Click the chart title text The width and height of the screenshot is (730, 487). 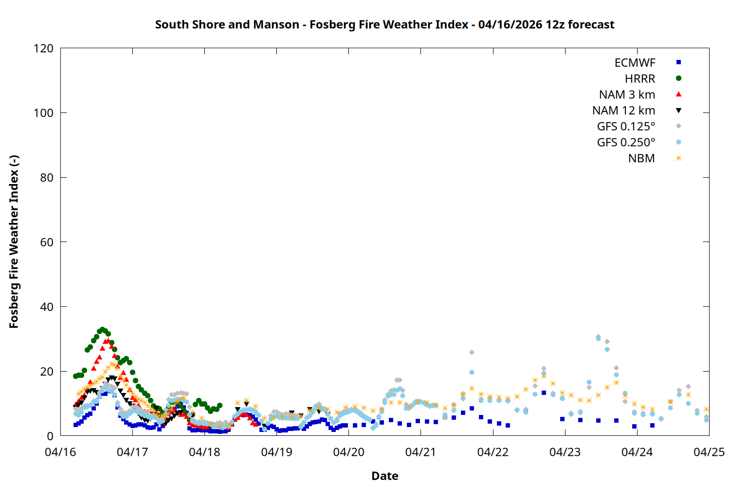[384, 24]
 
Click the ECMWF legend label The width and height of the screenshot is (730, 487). [635, 63]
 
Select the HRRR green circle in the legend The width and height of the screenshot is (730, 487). [678, 78]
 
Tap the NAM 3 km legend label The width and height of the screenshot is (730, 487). [627, 94]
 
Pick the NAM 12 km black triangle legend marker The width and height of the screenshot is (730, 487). [678, 111]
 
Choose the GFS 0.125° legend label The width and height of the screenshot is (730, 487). [626, 127]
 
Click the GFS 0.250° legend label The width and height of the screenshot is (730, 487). [626, 143]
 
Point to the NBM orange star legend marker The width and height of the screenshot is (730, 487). [678, 158]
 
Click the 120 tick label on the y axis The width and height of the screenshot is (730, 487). [43, 48]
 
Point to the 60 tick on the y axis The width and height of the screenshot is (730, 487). [47, 242]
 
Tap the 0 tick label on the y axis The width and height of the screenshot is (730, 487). [50, 436]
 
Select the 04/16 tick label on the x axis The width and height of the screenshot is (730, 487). [60, 452]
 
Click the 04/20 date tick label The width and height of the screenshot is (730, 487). [348, 452]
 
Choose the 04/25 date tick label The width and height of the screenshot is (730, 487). [709, 452]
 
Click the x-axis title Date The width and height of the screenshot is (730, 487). [384, 476]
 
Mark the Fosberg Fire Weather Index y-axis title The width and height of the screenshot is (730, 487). [14, 242]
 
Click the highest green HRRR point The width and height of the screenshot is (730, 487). [102, 330]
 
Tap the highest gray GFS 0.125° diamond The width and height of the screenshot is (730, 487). [598, 337]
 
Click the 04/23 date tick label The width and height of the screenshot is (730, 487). [565, 452]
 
